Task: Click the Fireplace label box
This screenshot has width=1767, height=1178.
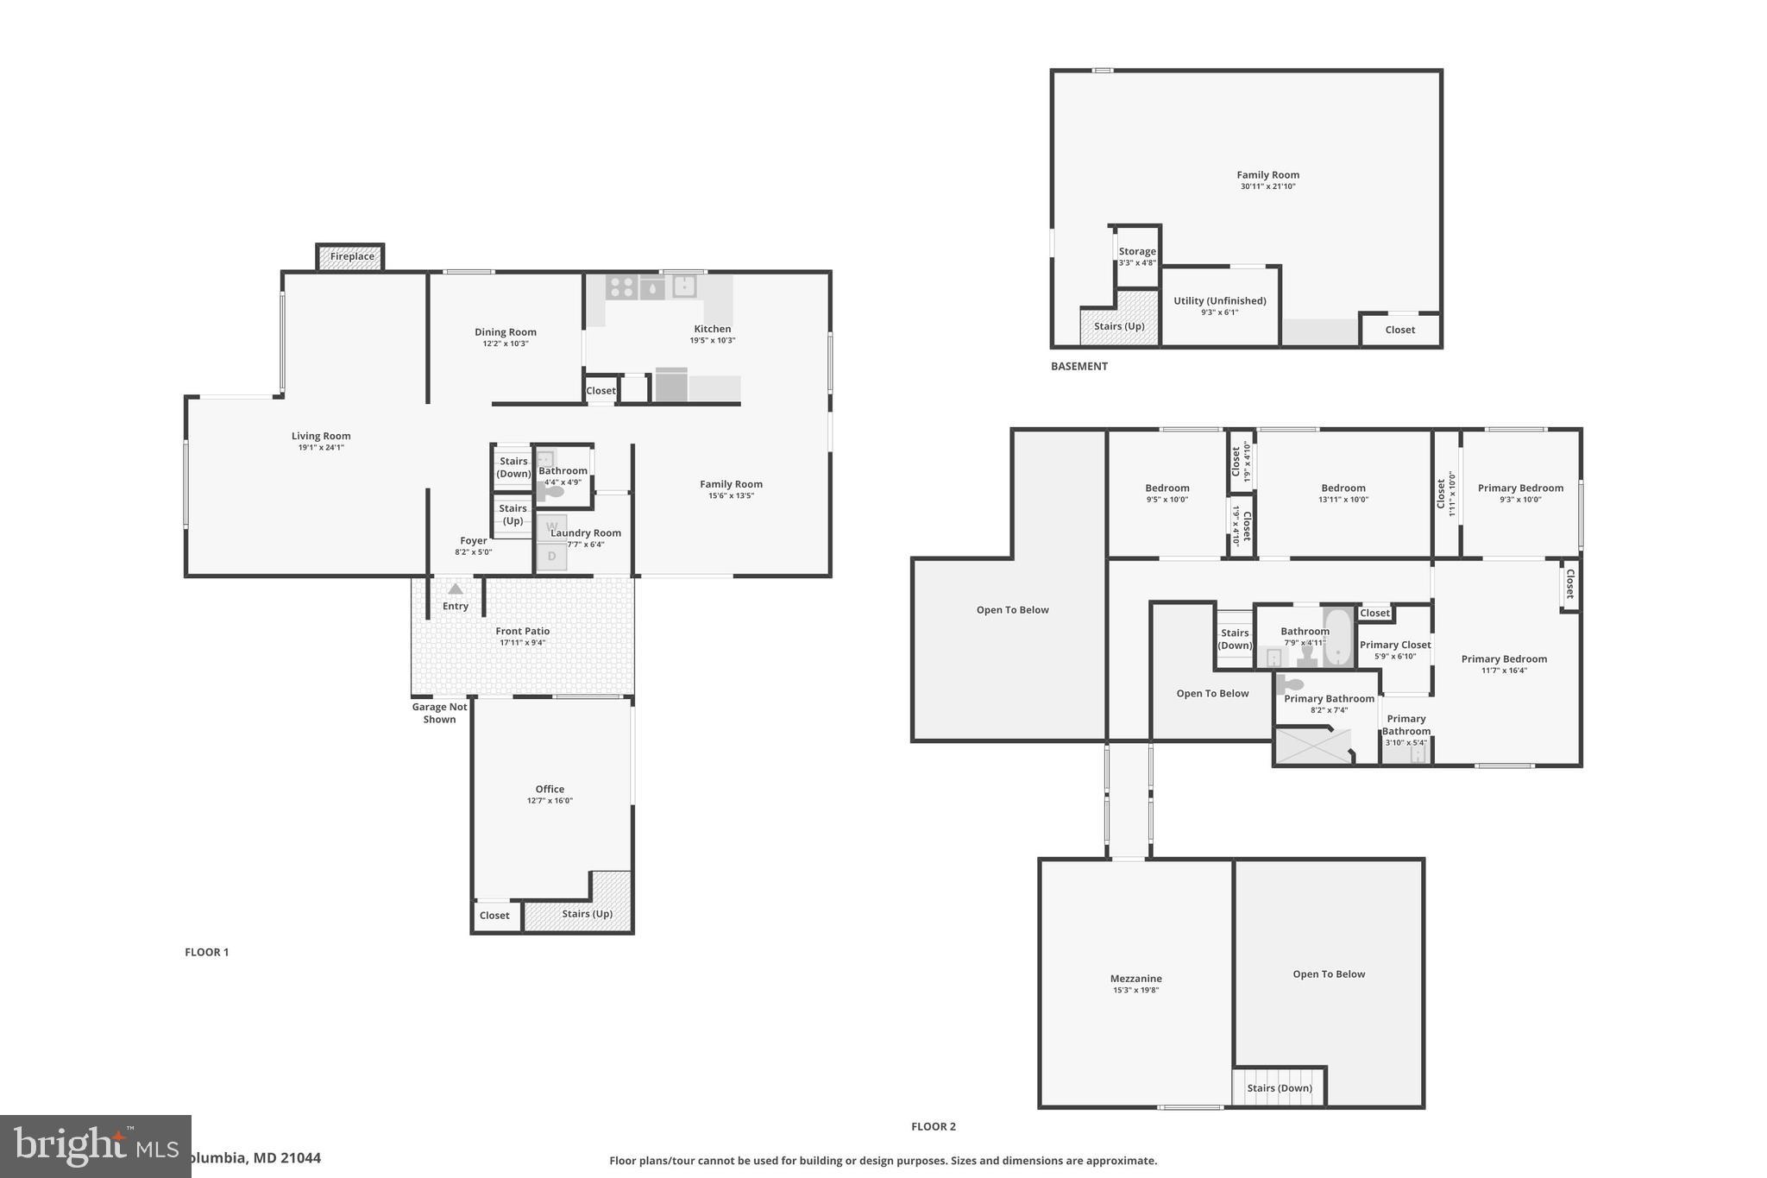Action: [x=351, y=256]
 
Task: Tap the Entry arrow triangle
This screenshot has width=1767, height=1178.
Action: [x=456, y=589]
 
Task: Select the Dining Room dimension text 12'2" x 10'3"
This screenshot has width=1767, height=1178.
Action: [x=506, y=343]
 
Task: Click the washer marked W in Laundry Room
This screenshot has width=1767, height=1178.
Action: [x=552, y=526]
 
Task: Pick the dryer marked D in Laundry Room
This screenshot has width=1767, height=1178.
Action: [x=552, y=557]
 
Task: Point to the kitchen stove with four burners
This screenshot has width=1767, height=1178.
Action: [x=621, y=287]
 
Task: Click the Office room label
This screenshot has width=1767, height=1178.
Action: [x=550, y=789]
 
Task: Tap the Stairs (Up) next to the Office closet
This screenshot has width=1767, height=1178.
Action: [x=587, y=914]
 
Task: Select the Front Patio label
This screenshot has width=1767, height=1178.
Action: [x=523, y=631]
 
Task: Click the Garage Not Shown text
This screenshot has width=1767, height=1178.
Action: [x=439, y=713]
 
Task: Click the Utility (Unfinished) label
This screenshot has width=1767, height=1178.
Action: [x=1219, y=301]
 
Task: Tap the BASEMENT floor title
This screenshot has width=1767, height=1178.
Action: [x=1078, y=366]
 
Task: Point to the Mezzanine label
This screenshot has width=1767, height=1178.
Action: [x=1135, y=979]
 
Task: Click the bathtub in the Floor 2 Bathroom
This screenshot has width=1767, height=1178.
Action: [x=1338, y=638]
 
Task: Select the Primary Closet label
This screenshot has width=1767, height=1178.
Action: [x=1395, y=645]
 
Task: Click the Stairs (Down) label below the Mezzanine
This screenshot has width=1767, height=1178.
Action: [x=1279, y=1088]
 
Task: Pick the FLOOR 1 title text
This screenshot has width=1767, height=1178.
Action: [x=206, y=952]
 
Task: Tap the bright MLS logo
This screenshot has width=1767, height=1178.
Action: [x=95, y=1147]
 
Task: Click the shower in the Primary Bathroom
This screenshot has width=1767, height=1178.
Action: [x=1312, y=746]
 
